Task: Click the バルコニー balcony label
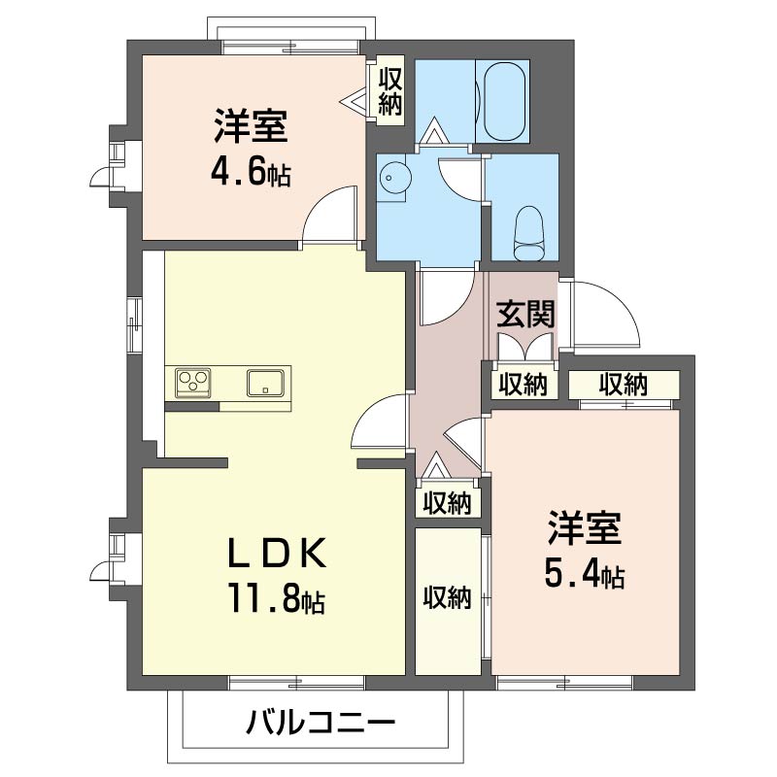point(321,723)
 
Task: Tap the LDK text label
point(277,553)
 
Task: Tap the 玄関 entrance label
point(525,314)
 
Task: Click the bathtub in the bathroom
point(504,102)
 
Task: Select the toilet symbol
point(528,233)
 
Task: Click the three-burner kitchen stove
point(192,383)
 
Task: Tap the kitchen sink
point(266,383)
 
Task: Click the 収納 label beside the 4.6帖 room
point(390,91)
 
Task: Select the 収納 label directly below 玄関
point(523,385)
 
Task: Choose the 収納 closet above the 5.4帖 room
point(624,384)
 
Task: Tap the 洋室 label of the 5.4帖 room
point(585,528)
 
